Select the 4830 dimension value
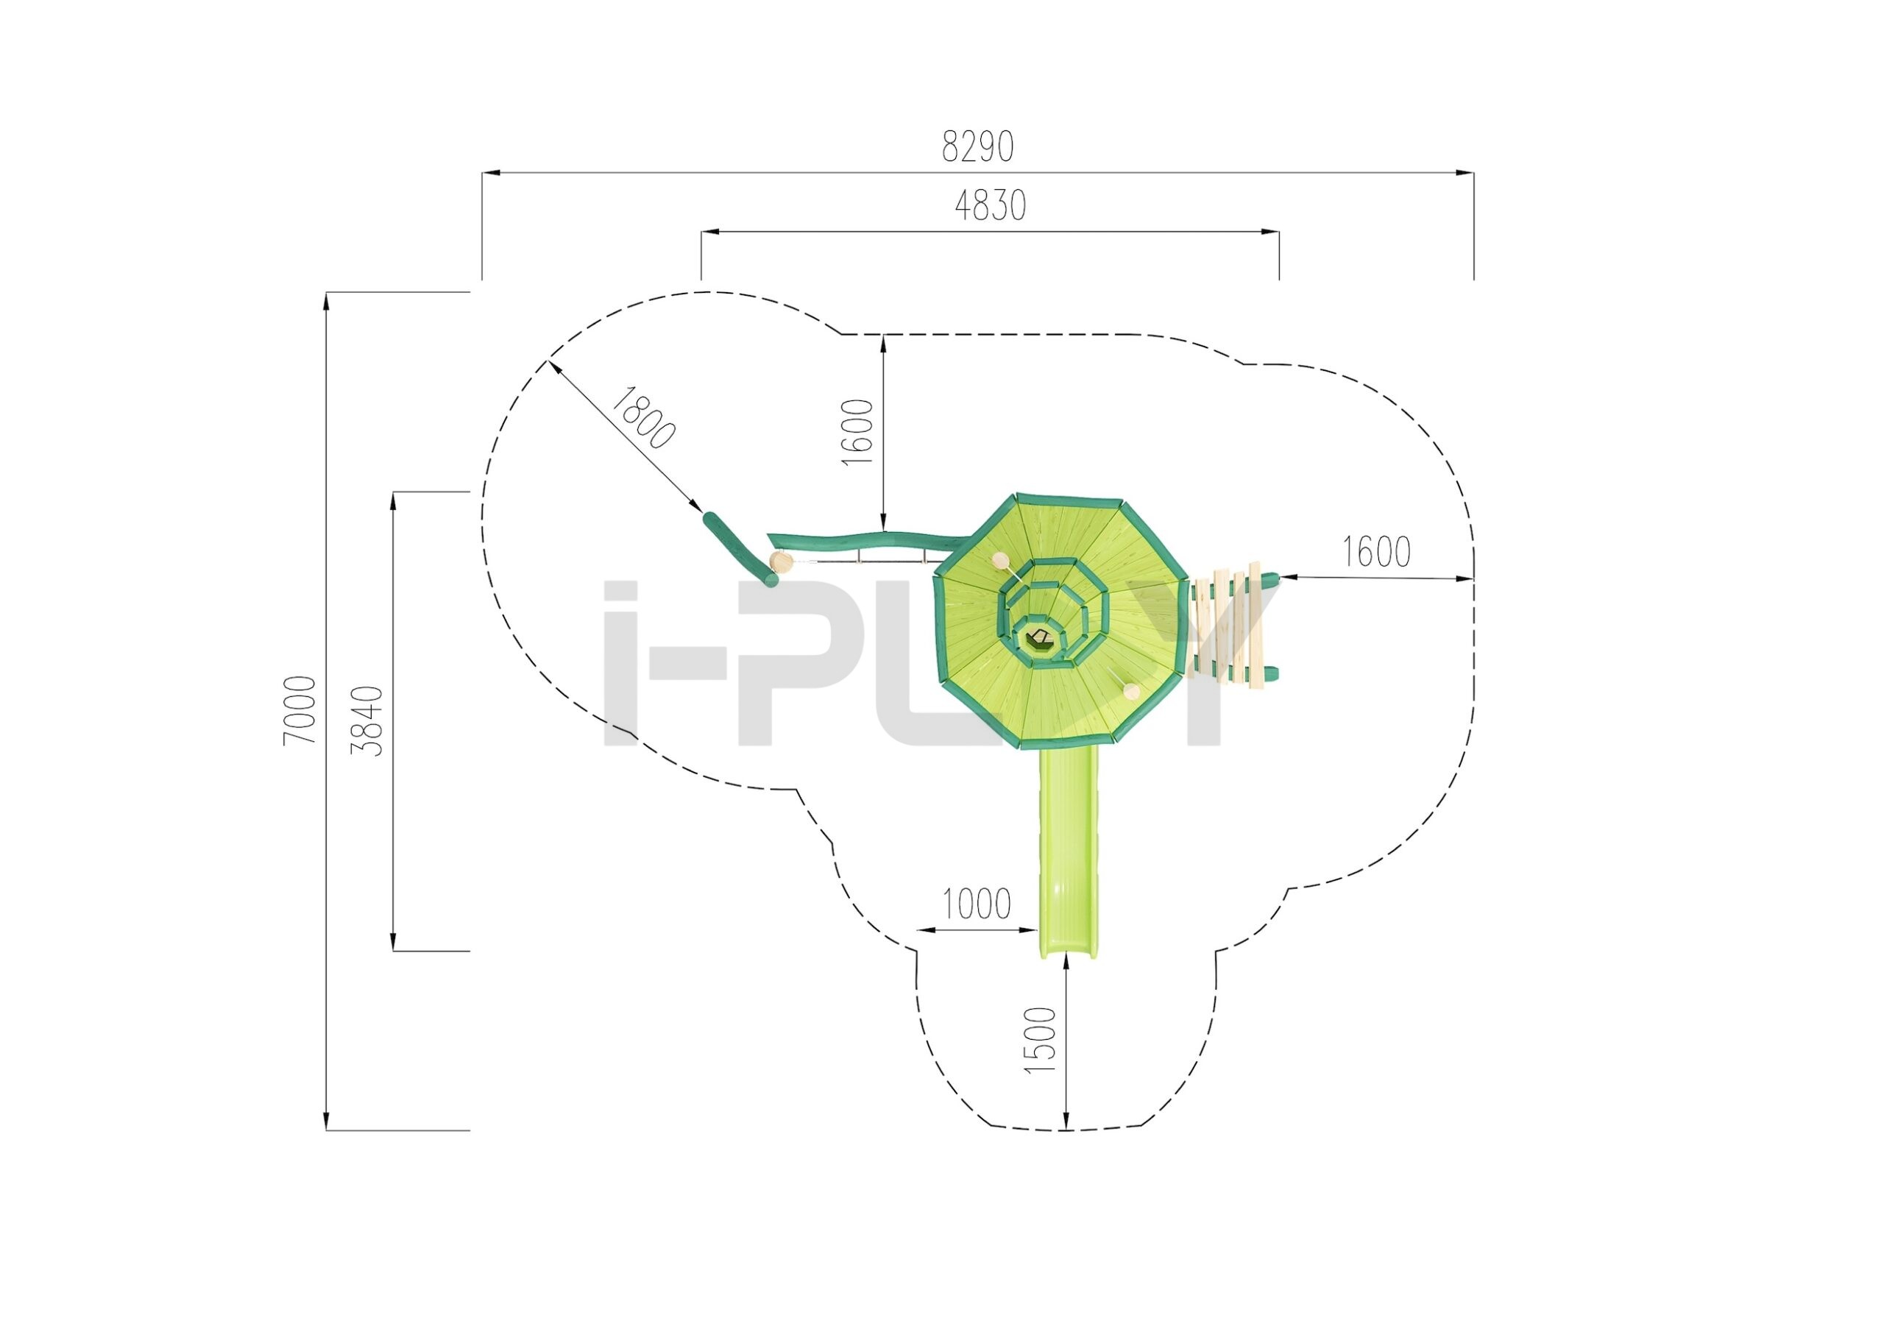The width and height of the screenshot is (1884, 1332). (x=991, y=206)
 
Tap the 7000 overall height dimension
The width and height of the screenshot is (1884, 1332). (x=300, y=711)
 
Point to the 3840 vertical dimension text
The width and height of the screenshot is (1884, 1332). (x=366, y=720)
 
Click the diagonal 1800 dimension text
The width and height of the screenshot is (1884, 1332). (x=644, y=418)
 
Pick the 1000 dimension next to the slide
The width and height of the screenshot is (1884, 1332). (x=976, y=904)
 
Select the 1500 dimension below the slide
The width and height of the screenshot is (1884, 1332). (x=1040, y=1041)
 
